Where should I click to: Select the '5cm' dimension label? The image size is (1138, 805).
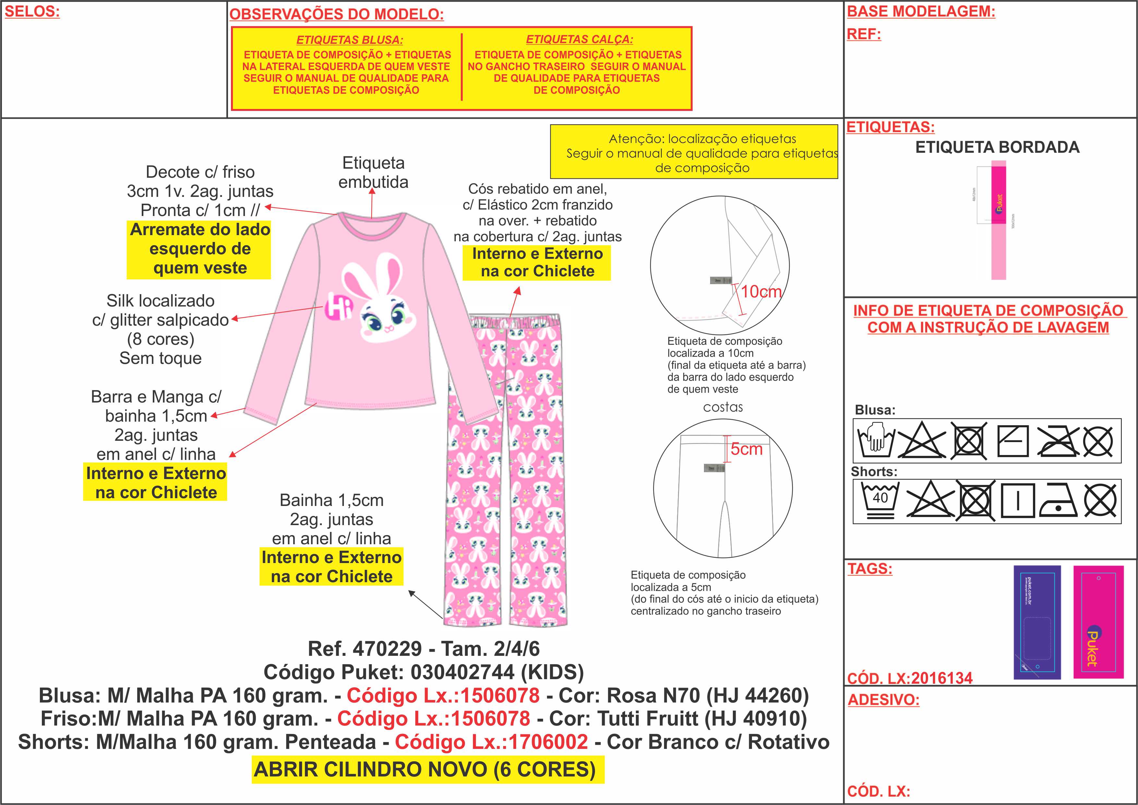coord(746,449)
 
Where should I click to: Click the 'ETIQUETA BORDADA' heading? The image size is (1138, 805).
coord(997,147)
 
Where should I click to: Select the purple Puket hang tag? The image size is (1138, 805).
coord(1037,622)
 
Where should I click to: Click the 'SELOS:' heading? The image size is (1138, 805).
coord(32,12)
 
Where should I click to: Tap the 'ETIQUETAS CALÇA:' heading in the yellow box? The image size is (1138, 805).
coord(579,39)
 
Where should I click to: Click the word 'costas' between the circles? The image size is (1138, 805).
coord(723,407)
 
